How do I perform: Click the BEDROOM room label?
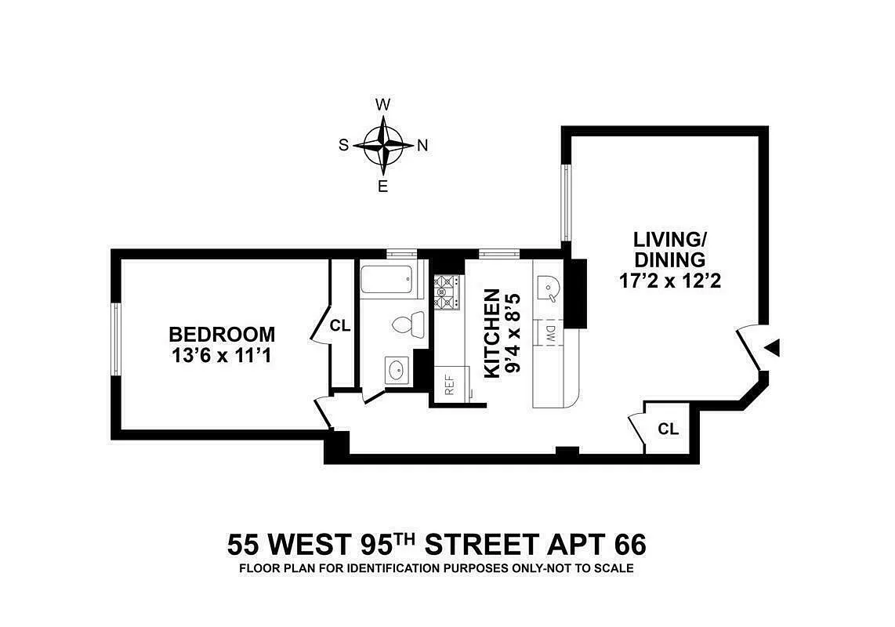[x=222, y=335]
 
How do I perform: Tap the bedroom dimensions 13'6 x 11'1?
[x=222, y=355]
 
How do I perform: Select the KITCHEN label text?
[x=491, y=333]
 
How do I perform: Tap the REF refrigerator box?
[x=450, y=385]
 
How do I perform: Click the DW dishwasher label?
[x=549, y=333]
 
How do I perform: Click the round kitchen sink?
[x=548, y=288]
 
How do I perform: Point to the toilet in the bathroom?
[x=408, y=323]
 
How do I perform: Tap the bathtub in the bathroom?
[x=387, y=280]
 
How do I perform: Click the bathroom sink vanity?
[x=396, y=368]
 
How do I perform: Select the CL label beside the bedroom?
[x=340, y=326]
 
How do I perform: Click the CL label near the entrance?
[x=668, y=429]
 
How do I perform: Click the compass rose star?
[x=383, y=145]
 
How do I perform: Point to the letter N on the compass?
[x=422, y=145]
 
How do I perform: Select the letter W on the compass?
[x=383, y=105]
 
